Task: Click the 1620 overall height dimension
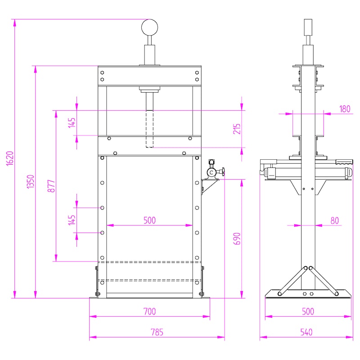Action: (x=10, y=158)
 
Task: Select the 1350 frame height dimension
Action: (x=31, y=181)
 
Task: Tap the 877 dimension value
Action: (x=51, y=186)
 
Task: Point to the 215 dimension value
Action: (x=237, y=129)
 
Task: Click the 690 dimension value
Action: (x=237, y=238)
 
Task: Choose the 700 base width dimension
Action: (x=149, y=311)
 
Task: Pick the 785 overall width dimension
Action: (x=157, y=332)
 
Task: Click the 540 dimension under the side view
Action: (x=306, y=332)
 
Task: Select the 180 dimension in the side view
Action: (x=345, y=109)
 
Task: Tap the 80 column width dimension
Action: (x=334, y=220)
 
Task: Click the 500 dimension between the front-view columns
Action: (x=149, y=220)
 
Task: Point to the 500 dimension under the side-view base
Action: (x=308, y=311)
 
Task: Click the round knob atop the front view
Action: (x=149, y=27)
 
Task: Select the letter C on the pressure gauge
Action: (x=211, y=172)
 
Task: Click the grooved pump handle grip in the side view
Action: (x=344, y=162)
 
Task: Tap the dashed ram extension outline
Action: (x=149, y=129)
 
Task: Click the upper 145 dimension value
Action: (x=72, y=123)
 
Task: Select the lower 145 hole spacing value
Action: (x=72, y=220)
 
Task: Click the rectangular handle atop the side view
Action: (x=308, y=27)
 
